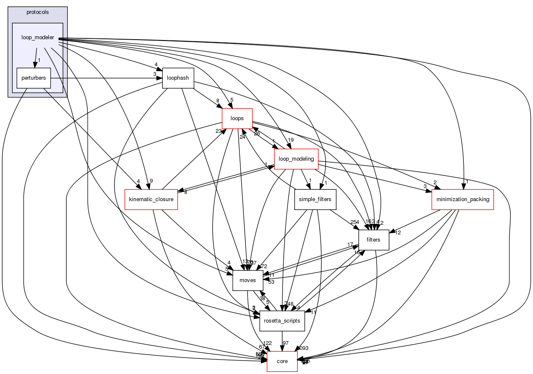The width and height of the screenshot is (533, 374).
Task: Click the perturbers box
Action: tap(33, 78)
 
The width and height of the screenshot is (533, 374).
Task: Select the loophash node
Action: tap(178, 78)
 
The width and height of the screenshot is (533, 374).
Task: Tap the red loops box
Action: tap(237, 118)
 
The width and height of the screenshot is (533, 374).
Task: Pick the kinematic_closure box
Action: tap(151, 199)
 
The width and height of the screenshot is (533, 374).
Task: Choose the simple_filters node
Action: tap(315, 199)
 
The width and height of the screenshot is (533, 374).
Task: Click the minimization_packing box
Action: tap(463, 199)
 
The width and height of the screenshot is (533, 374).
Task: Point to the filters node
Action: tap(373, 239)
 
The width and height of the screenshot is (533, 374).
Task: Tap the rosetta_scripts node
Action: tap(282, 320)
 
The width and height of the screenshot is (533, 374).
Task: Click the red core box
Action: tap(282, 361)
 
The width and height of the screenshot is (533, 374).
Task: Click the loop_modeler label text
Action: tap(38, 37)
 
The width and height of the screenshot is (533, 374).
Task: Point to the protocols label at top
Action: tap(38, 12)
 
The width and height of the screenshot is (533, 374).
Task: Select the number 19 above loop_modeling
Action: tap(291, 140)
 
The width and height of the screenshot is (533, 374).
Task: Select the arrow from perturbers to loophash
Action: tap(105, 78)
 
